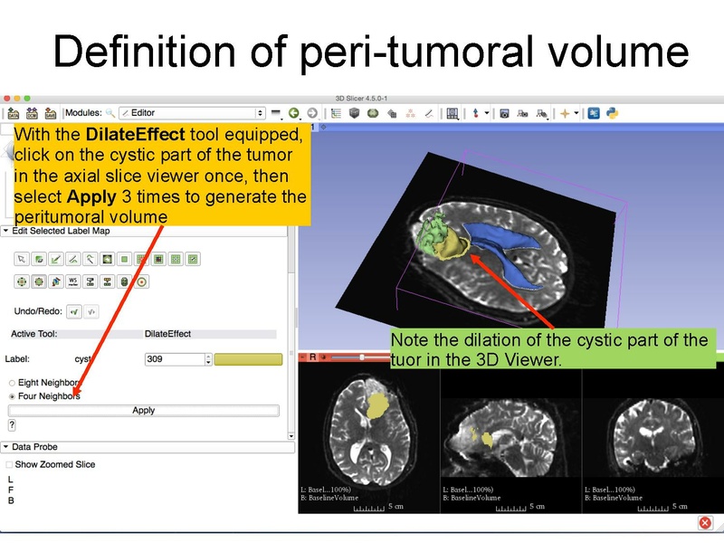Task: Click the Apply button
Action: point(144,410)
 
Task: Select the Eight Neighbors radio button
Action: point(12,383)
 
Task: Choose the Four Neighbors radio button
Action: point(12,396)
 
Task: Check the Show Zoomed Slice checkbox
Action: point(10,464)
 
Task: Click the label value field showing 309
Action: point(174,359)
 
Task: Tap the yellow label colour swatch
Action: point(248,359)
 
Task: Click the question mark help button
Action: point(12,424)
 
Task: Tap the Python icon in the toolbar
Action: point(613,113)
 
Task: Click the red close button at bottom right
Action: point(705,523)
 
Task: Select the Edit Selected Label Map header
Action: point(63,231)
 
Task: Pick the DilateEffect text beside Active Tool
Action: point(167,334)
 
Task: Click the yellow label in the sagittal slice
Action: point(487,440)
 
